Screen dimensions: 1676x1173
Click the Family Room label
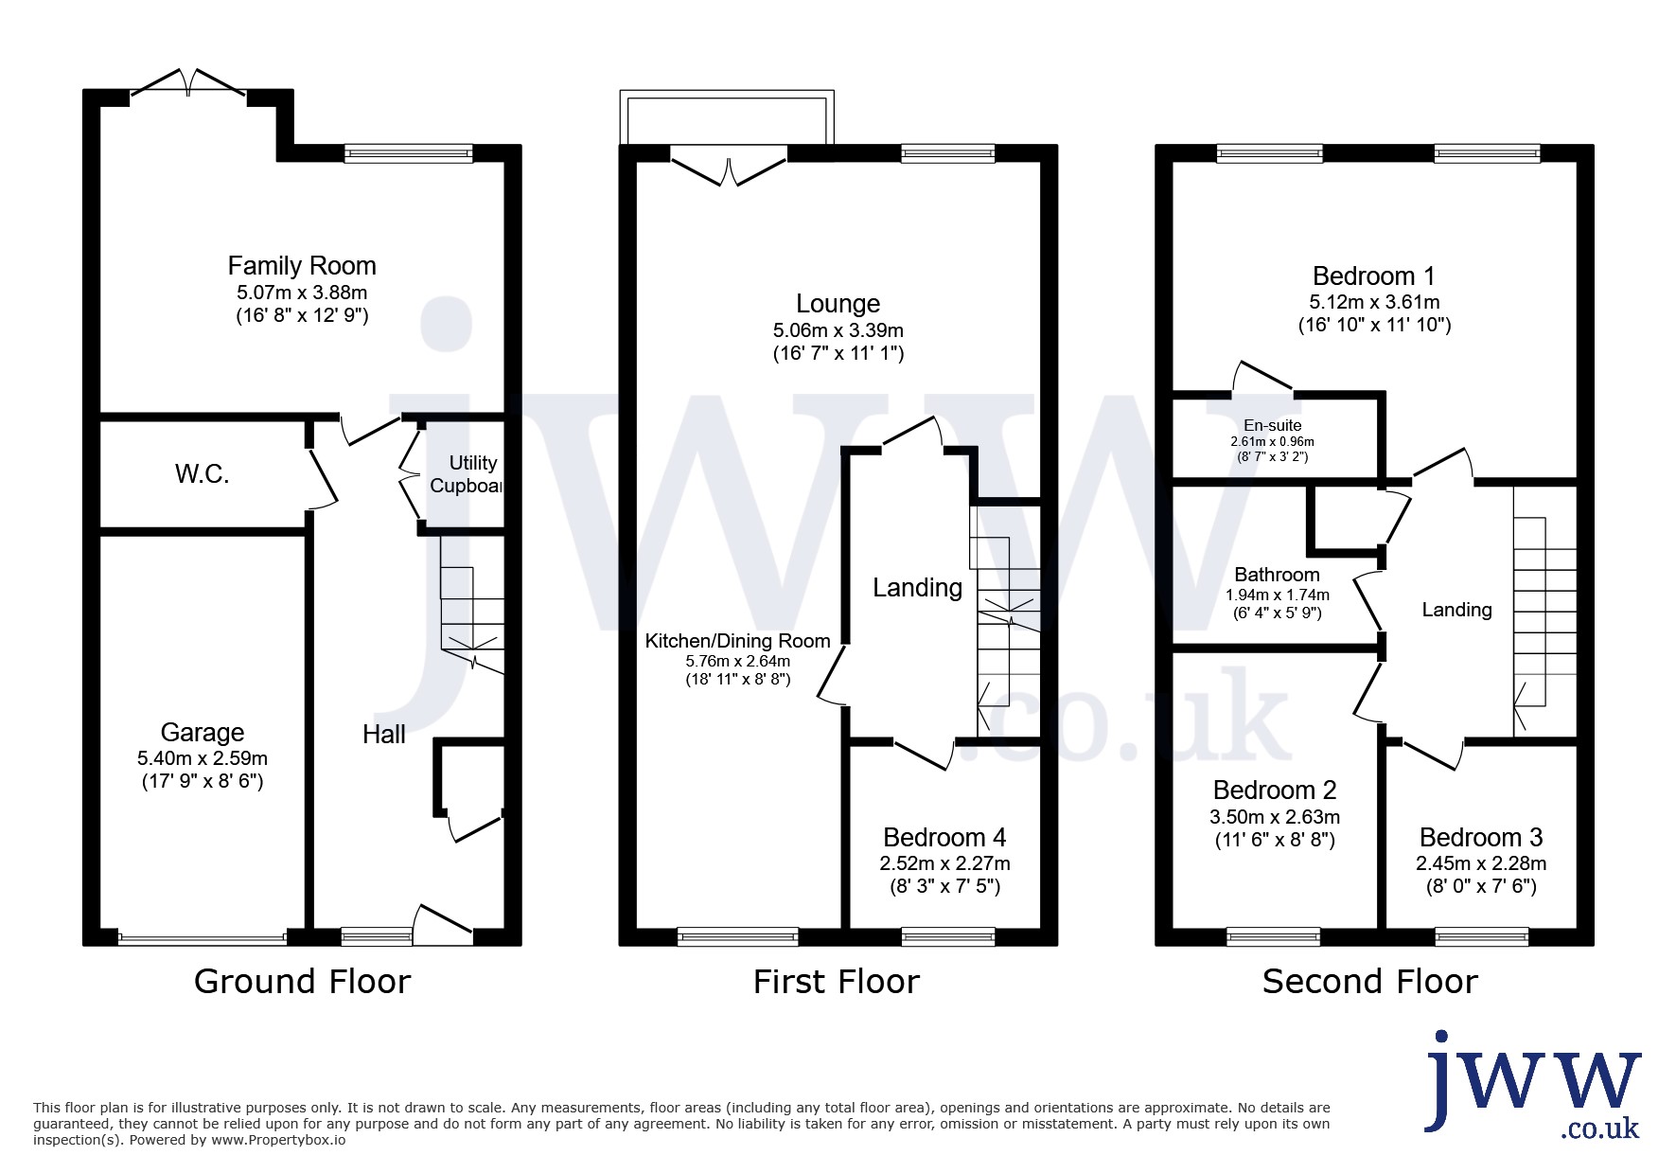(302, 265)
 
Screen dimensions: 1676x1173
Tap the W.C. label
(203, 473)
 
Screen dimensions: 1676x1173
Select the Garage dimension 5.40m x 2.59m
(203, 757)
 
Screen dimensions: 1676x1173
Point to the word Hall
(384, 734)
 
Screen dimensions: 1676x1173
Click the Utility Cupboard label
(466, 473)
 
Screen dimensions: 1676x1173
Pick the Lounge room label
(838, 303)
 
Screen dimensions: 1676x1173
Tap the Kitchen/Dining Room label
(738, 641)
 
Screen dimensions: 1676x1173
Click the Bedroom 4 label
(944, 837)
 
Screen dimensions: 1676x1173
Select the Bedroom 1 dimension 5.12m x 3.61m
(1374, 302)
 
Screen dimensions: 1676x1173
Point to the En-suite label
(1273, 425)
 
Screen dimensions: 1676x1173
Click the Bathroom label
(1277, 574)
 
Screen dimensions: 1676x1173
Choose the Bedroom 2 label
(1275, 790)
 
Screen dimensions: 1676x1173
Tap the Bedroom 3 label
(1481, 837)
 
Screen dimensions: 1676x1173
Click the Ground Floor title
(302, 981)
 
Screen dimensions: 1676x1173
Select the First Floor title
(837, 981)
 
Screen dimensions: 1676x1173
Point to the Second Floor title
(1370, 981)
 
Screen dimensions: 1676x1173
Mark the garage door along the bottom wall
(203, 938)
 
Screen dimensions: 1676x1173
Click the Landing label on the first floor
(917, 588)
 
